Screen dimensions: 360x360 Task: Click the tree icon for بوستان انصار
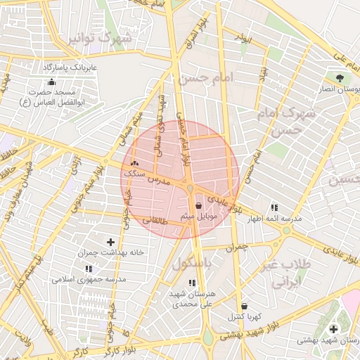(340, 77)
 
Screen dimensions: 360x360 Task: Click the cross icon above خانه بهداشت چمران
(110, 242)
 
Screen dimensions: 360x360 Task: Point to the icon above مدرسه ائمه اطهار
(274, 207)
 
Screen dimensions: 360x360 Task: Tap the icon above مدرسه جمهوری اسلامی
(89, 269)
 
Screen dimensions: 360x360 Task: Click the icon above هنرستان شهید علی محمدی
(192, 283)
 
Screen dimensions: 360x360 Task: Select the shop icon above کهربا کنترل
(244, 307)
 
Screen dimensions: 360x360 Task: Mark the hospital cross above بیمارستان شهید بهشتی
(333, 328)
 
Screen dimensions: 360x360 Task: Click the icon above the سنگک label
(134, 163)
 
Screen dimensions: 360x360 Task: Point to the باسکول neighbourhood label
(193, 264)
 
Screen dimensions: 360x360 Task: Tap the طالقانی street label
(156, 220)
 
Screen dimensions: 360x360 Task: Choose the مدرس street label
(160, 180)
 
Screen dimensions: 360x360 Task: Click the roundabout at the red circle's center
(191, 187)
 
